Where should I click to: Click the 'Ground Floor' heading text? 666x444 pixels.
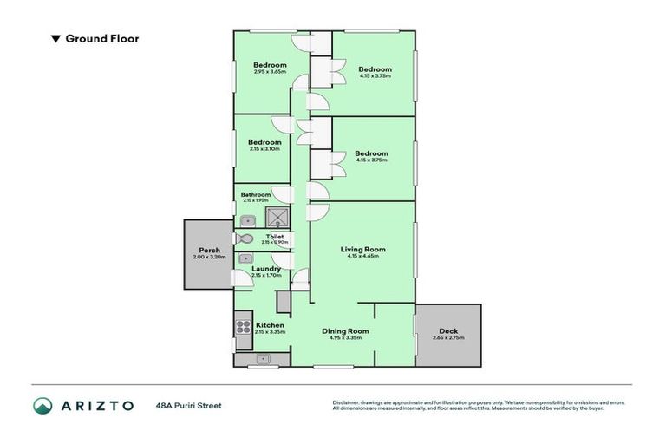point(101,38)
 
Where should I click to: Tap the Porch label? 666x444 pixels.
point(209,250)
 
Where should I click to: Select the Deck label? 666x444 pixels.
point(448,330)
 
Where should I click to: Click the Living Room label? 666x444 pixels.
point(362,249)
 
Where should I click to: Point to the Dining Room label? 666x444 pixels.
point(345,330)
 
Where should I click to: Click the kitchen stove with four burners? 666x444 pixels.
point(243,327)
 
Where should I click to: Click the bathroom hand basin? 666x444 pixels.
point(246,220)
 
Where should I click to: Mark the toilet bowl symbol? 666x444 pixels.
point(244,239)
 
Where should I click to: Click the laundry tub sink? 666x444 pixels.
point(245,258)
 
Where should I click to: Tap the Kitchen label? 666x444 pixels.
point(270,325)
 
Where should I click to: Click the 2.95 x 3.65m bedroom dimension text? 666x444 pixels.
point(270,71)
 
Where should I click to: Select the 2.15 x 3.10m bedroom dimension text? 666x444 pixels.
point(264,149)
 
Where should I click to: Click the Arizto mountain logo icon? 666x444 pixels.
point(42,405)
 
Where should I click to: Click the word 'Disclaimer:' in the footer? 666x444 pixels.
point(348,402)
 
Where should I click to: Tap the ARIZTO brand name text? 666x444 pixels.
point(96,405)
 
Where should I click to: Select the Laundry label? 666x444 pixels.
point(265,269)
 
